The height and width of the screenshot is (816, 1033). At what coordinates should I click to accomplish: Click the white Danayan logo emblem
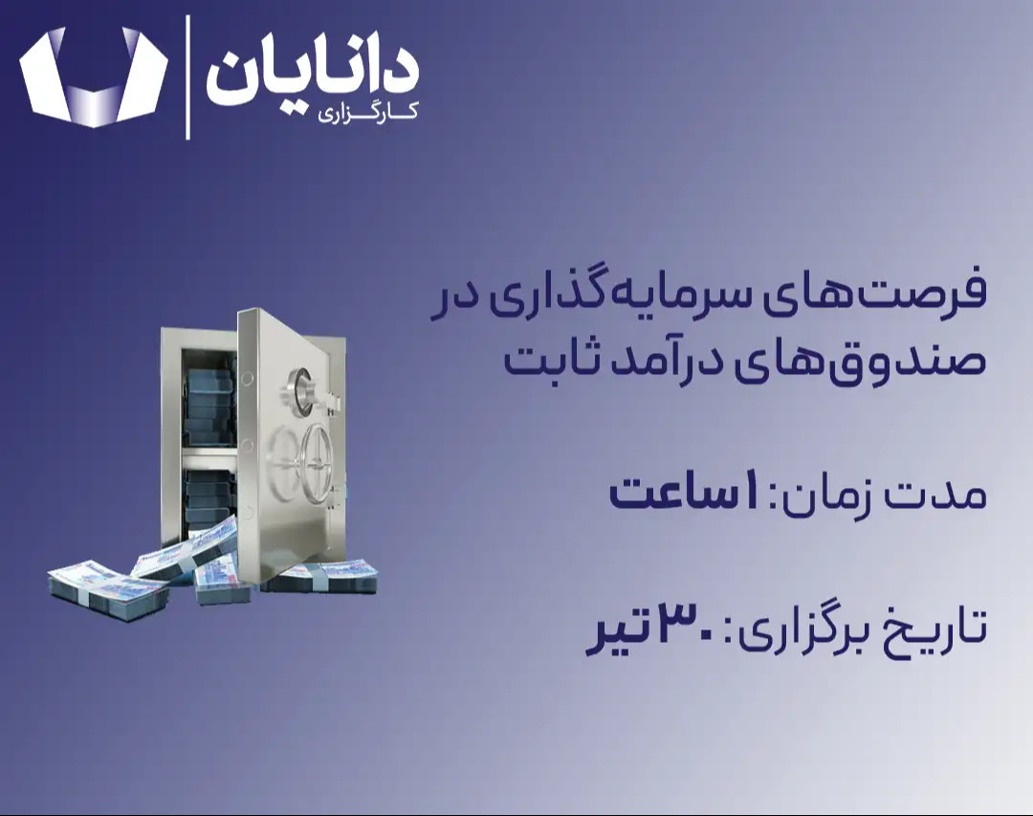pos(94,77)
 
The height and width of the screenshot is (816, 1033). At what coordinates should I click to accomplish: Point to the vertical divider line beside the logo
pos(187,77)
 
